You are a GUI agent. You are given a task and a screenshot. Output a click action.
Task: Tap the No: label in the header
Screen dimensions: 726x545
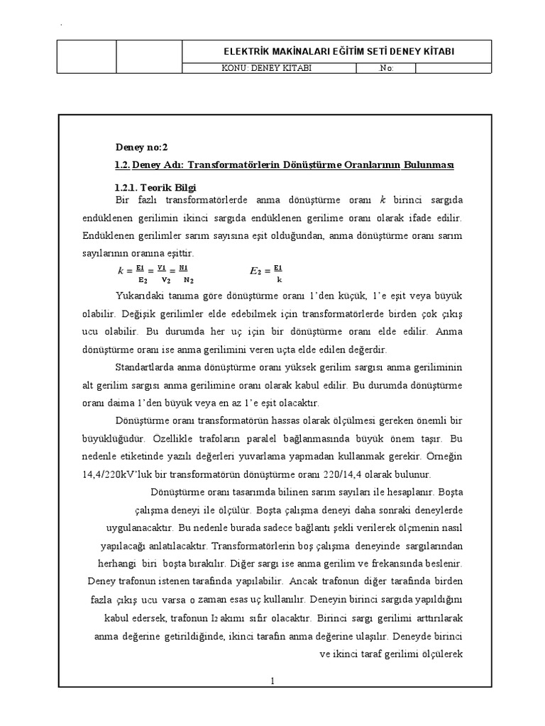(x=387, y=69)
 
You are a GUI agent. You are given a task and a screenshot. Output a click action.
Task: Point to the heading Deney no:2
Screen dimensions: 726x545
(x=141, y=147)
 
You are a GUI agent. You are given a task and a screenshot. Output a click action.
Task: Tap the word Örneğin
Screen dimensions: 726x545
(x=442, y=457)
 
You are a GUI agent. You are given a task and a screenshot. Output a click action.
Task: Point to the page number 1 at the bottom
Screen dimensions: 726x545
(x=272, y=681)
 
